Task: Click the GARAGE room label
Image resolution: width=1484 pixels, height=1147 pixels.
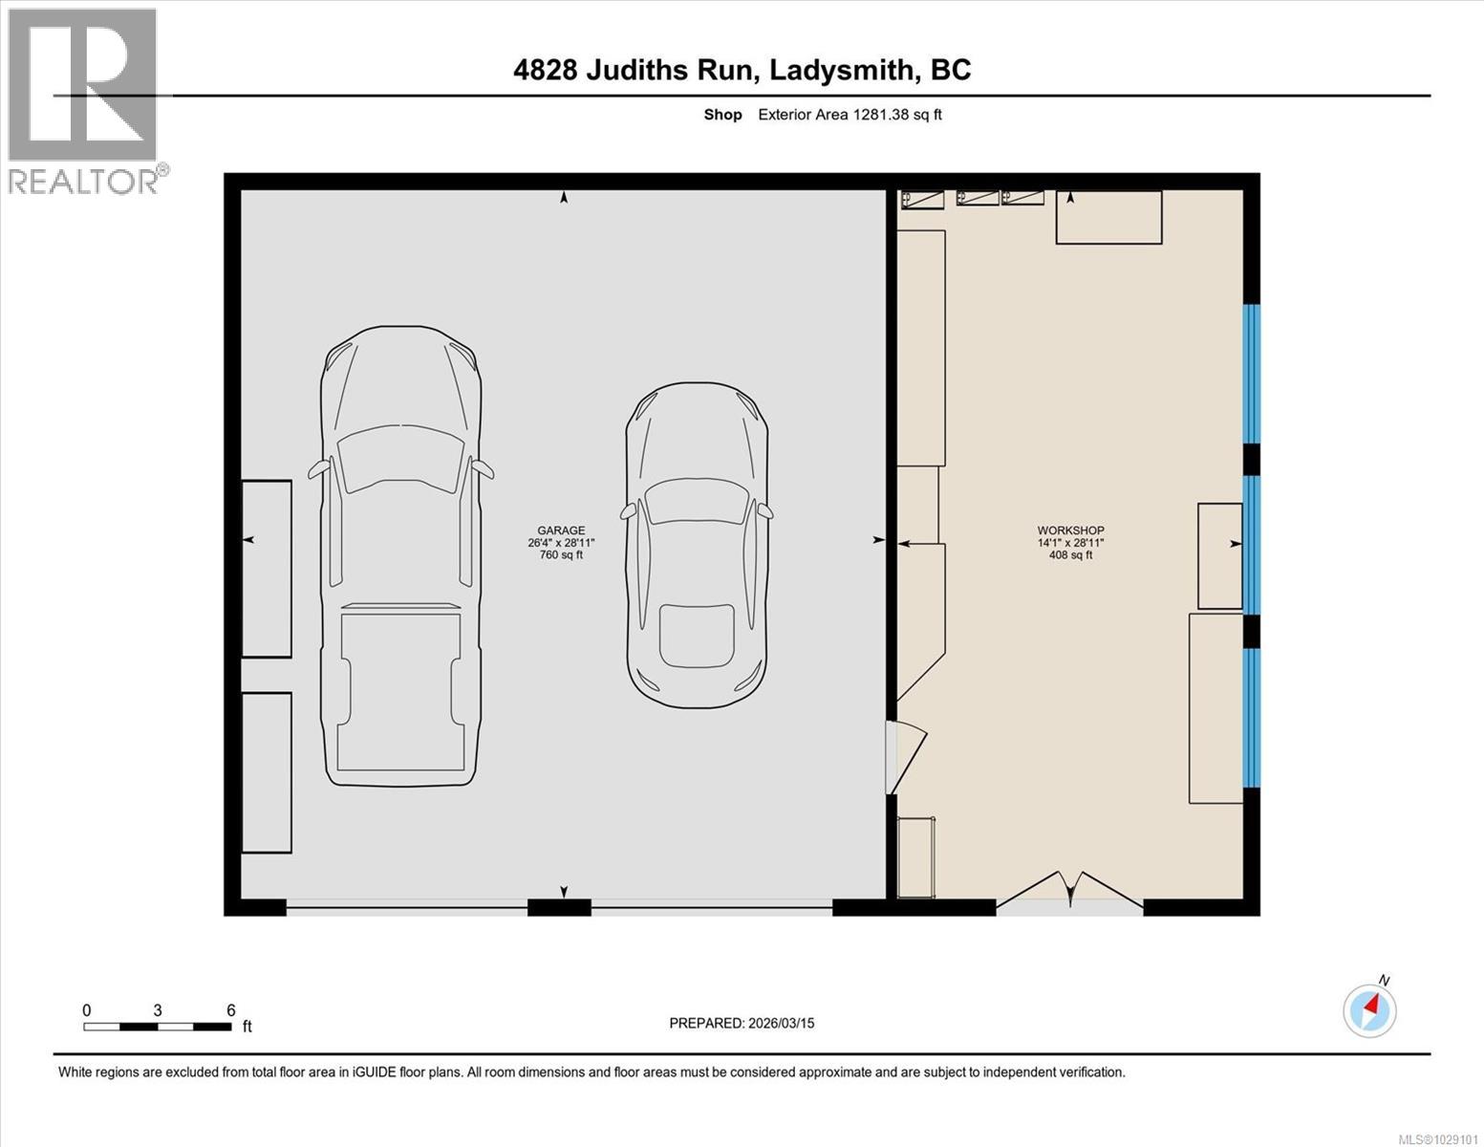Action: pos(561,530)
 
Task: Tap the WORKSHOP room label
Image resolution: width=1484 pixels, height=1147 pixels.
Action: pos(1070,530)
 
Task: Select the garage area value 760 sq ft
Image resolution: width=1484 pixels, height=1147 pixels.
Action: pos(561,555)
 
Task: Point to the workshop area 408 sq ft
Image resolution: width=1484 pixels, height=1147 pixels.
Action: pos(1070,555)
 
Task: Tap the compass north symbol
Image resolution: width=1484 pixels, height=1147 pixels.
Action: pos(1370,1009)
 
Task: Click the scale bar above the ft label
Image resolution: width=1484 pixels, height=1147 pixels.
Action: pos(158,1027)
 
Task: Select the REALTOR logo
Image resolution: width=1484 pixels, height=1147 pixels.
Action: pos(84,100)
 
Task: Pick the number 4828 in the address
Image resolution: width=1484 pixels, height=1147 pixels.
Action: pos(545,70)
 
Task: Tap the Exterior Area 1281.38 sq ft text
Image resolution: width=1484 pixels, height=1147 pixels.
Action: pos(850,115)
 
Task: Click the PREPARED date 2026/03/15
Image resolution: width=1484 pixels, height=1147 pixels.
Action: pos(742,1023)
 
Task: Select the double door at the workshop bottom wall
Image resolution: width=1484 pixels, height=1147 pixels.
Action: pos(1069,894)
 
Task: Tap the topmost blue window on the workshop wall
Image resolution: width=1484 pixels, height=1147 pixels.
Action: pos(1251,374)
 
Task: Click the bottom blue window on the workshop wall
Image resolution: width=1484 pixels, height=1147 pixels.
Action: pos(1251,718)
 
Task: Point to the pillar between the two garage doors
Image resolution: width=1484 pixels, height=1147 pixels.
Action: pos(559,907)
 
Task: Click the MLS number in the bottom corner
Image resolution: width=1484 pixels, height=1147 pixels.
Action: pos(1437,1137)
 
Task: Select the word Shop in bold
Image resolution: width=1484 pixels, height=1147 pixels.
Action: pos(722,115)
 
